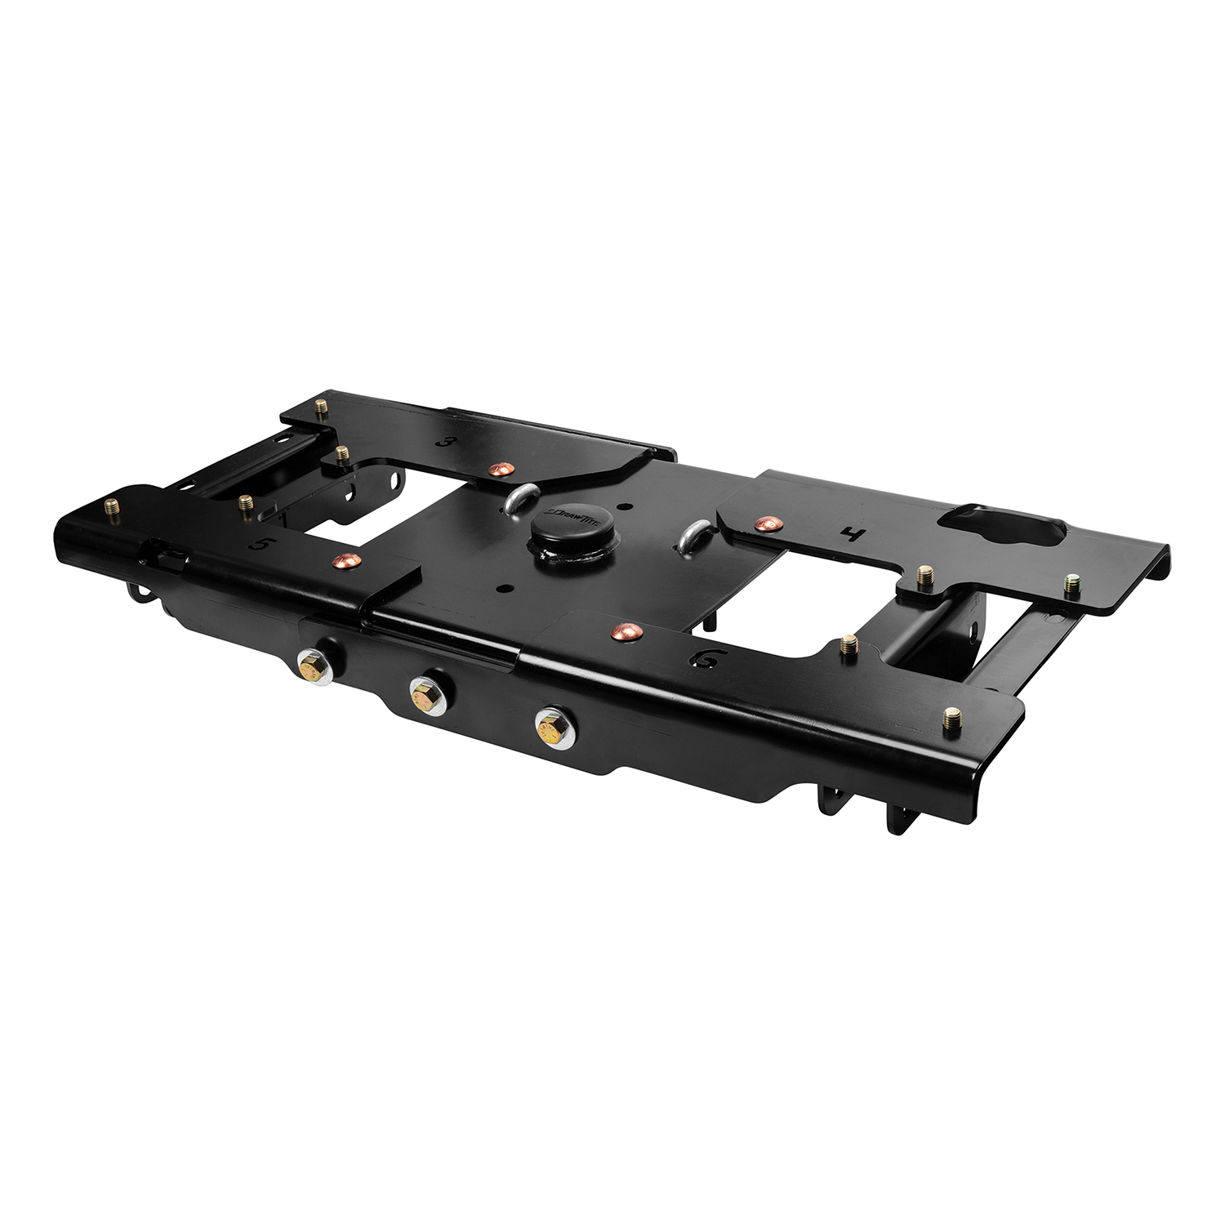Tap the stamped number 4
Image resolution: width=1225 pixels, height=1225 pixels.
[x=852, y=536]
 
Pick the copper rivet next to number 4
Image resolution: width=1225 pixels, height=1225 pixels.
[x=764, y=522]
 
